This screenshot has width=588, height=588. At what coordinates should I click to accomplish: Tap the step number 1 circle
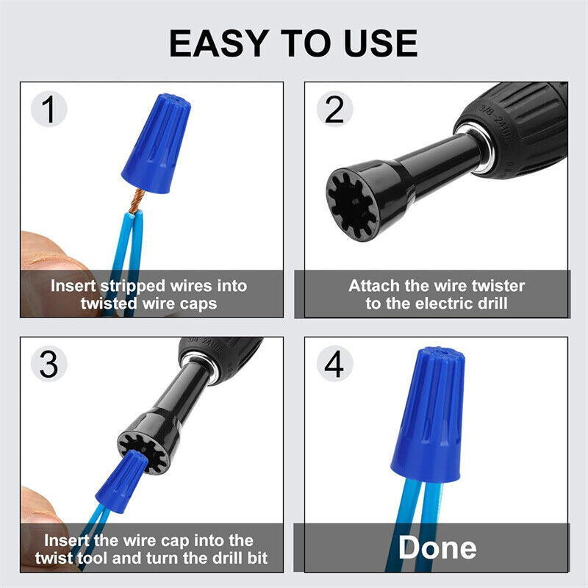49,110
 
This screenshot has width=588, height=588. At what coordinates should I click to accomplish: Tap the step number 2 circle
334,110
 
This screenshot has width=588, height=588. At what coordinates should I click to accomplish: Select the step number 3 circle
49,365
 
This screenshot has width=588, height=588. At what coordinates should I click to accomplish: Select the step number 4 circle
334,365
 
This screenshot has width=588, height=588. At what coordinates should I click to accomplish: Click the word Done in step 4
437,548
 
